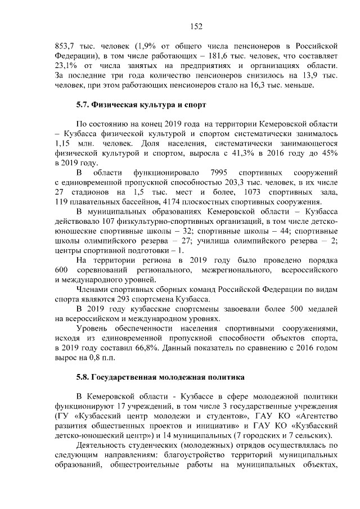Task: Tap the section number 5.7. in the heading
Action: [83, 105]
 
